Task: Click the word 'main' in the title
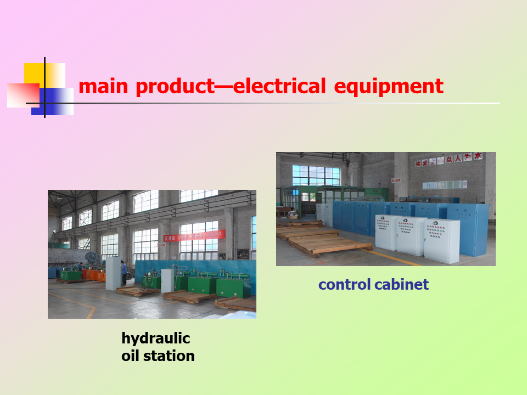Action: (x=104, y=87)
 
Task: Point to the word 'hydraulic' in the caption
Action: (x=155, y=337)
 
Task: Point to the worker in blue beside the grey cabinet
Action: (x=125, y=273)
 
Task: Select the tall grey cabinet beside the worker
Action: (x=113, y=274)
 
